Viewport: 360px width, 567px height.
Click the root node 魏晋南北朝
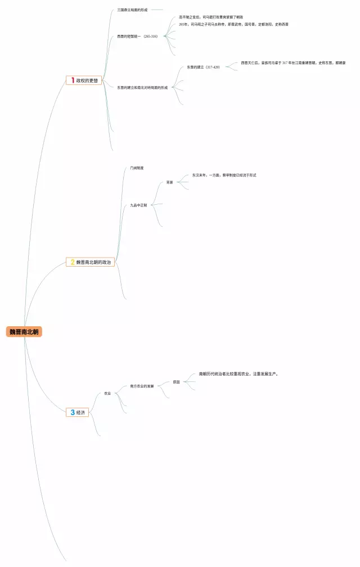click(24, 332)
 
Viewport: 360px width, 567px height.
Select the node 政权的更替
click(87, 80)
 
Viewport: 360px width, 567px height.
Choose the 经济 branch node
click(80, 412)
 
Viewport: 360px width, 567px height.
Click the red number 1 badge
click(72, 80)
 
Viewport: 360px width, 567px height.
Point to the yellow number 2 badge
click(72, 262)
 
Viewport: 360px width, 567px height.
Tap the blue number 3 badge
click(72, 412)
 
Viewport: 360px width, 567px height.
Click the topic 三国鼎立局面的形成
click(132, 10)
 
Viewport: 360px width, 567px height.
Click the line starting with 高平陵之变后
click(211, 17)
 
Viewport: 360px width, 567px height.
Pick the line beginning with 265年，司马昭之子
click(233, 25)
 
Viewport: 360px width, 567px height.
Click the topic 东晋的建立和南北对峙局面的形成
click(142, 88)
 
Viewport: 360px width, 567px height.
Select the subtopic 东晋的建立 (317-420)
click(204, 67)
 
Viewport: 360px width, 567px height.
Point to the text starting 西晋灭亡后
click(293, 63)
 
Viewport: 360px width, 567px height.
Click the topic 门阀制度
click(137, 168)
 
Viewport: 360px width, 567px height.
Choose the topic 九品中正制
click(138, 205)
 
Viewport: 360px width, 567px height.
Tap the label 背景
click(170, 182)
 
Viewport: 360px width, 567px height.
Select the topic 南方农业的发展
click(142, 386)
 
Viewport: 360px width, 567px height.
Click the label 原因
click(177, 382)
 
